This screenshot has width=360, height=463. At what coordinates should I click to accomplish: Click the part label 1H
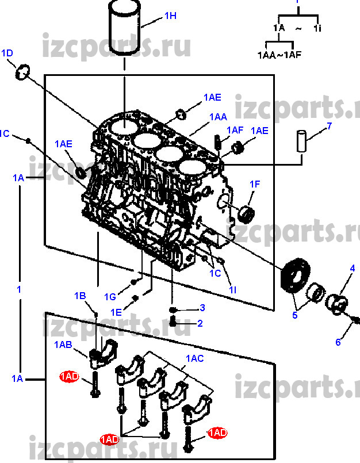[170, 16]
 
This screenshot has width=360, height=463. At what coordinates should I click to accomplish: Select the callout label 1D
[7, 53]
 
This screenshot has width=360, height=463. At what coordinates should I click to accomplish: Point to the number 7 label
[330, 126]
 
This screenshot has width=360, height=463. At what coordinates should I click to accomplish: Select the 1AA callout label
[218, 117]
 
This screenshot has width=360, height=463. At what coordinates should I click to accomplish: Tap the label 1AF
[235, 131]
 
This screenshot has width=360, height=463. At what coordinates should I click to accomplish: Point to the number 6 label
[338, 343]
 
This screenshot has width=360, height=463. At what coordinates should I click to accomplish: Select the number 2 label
[200, 323]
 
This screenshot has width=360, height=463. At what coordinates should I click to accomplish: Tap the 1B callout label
[79, 296]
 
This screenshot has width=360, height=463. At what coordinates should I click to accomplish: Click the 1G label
[110, 296]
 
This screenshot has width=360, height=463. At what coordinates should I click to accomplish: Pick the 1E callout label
[116, 312]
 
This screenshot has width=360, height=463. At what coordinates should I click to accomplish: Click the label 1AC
[194, 358]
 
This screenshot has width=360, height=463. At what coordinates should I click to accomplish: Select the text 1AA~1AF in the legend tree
[278, 56]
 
